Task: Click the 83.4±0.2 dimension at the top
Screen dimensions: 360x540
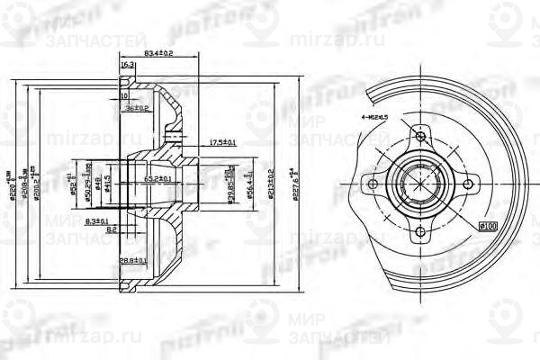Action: pos(158,55)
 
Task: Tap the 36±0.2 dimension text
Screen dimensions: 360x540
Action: pos(137,108)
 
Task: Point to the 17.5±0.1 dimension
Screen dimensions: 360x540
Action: pos(198,142)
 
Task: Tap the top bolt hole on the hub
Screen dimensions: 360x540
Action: pos(418,139)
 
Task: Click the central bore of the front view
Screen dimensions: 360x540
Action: pos(418,184)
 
